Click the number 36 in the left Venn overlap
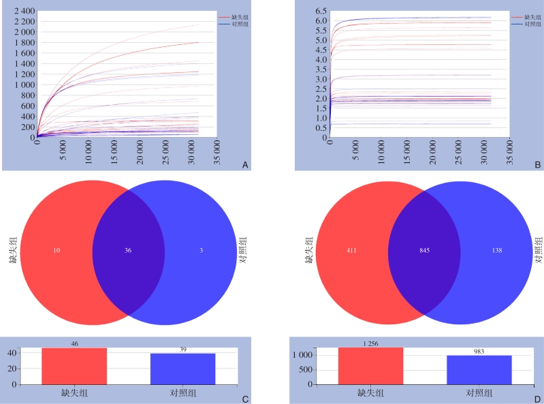pos(128,251)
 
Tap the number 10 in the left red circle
pos(57,251)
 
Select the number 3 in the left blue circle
pos(202,251)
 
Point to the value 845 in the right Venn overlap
pos(424,251)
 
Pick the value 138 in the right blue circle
pos(497,251)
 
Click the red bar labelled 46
pos(74,367)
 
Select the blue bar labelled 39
pos(182,369)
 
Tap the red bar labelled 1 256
pos(370,367)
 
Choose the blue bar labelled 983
pos(479,369)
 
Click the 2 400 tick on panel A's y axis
pos(24,12)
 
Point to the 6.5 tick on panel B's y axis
pos(320,12)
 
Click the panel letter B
pos(537,165)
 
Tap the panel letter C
pos(245,399)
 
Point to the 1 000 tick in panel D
pos(303,355)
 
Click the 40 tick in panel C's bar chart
pos(12,353)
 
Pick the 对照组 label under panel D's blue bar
pos(479,393)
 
